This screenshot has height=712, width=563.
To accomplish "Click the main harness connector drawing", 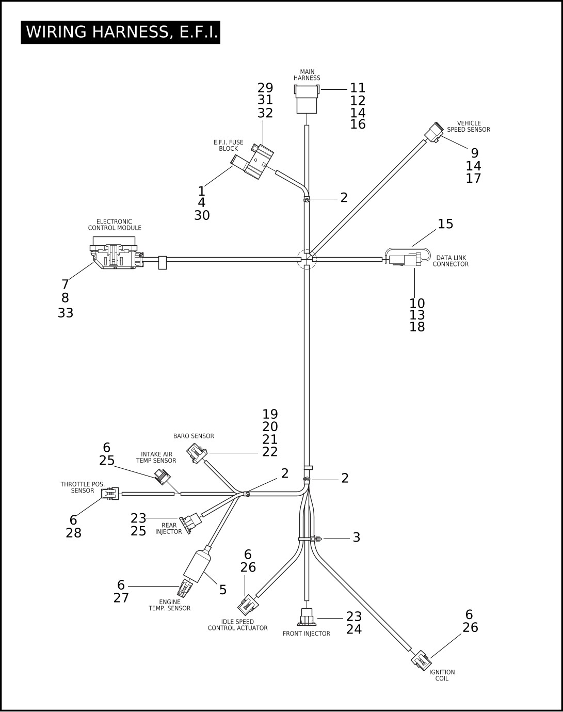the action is click(307, 99).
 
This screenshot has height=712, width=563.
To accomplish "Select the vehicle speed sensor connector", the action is click(433, 133).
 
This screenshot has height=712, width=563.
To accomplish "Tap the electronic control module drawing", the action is click(117, 252).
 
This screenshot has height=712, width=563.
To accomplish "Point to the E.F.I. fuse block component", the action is click(253, 162).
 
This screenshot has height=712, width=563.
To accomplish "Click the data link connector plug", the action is click(405, 259).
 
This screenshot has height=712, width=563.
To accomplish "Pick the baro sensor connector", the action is click(197, 453).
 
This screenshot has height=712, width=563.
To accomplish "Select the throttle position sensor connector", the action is click(110, 494).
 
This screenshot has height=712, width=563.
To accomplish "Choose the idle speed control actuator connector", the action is click(248, 605).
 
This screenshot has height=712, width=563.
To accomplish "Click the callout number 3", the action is click(356, 537).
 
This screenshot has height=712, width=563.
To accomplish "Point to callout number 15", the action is click(445, 224).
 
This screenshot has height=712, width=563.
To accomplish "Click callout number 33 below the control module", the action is click(66, 313).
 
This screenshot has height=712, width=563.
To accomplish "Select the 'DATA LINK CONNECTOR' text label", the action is click(451, 261).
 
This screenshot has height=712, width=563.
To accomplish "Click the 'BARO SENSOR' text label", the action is click(194, 436).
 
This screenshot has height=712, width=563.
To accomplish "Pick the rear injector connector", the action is click(190, 523).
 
